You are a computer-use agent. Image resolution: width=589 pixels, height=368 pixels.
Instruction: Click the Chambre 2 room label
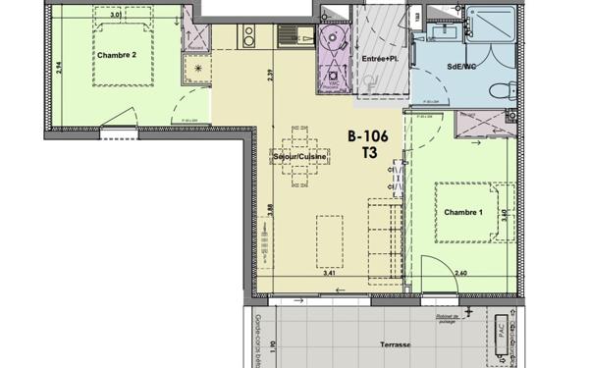click(115, 55)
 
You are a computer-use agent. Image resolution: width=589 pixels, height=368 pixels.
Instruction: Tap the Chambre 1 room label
click(463, 213)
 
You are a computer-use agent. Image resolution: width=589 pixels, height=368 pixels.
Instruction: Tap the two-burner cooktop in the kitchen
click(249, 37)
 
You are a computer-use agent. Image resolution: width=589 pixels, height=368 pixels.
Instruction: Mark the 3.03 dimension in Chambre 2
click(115, 17)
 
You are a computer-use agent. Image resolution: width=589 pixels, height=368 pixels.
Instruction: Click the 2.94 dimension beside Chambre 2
click(58, 68)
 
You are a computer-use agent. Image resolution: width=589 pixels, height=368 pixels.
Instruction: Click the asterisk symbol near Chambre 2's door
click(195, 69)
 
